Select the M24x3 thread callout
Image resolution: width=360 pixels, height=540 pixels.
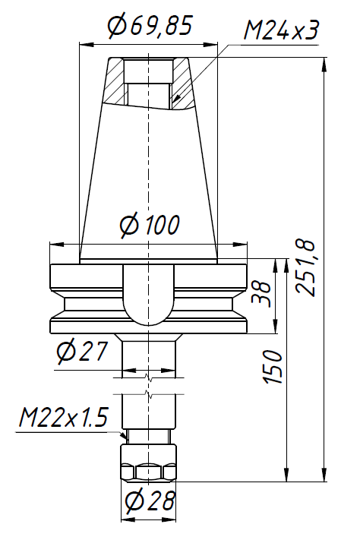point(280,31)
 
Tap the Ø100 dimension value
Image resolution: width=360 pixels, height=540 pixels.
point(150,226)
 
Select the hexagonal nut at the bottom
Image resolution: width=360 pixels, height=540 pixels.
point(150,463)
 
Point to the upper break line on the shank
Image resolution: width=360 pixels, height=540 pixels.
point(150,375)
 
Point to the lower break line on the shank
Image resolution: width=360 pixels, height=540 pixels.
point(150,394)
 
